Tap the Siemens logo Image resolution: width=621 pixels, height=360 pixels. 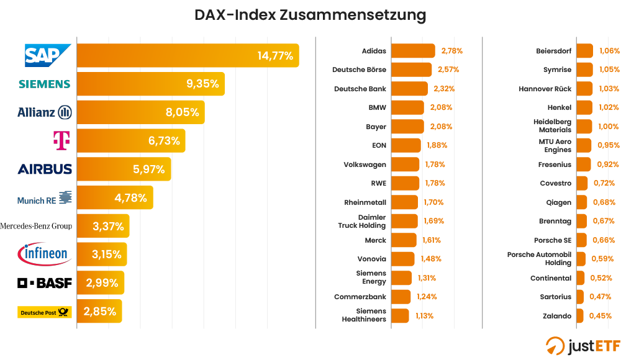click(x=44, y=84)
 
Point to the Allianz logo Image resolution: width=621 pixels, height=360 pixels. click(x=44, y=112)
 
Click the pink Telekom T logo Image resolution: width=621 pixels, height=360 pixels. click(x=61, y=141)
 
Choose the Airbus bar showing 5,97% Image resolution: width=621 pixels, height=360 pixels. click(x=124, y=169)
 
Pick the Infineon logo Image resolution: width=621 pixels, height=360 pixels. click(x=44, y=254)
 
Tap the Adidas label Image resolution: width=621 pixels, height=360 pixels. click(x=374, y=51)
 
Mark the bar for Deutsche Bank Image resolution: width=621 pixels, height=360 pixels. click(x=409, y=89)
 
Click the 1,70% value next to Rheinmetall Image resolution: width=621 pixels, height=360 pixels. click(x=434, y=202)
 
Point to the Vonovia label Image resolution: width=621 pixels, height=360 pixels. click(x=371, y=259)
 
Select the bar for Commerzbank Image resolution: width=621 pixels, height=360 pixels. click(x=401, y=297)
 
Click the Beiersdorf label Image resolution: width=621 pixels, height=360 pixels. click(x=554, y=51)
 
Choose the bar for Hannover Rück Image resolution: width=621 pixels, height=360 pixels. click(x=584, y=89)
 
